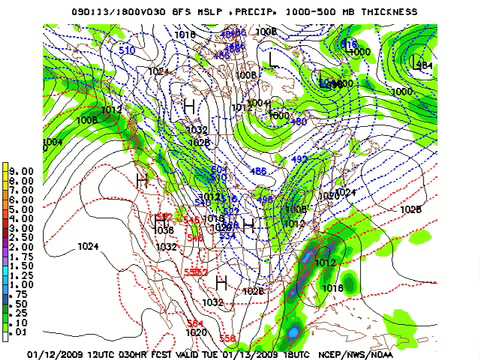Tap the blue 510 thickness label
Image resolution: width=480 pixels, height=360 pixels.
pos(127,50)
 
